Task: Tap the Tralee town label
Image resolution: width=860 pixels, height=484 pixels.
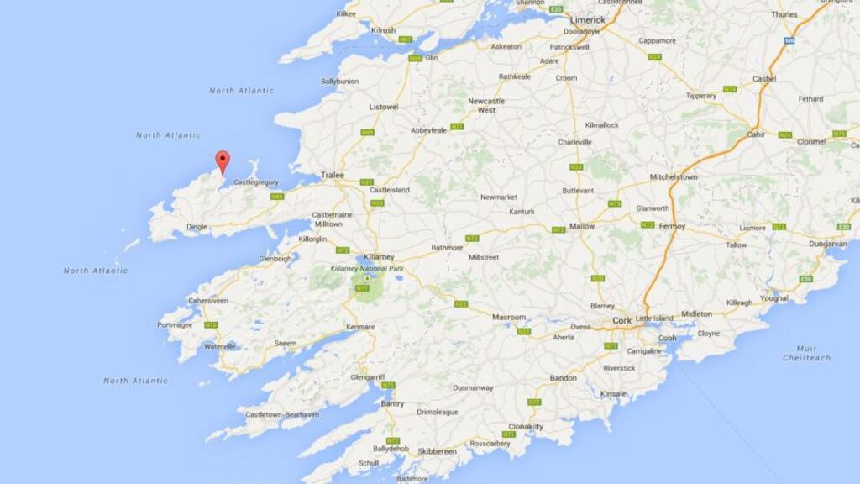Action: coord(333,175)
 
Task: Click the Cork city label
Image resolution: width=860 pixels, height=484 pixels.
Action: coord(622,320)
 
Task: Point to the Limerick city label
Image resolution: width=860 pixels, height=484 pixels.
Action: coord(587,19)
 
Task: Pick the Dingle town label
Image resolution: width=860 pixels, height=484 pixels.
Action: coord(197,226)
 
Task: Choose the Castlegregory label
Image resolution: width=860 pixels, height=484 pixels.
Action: coord(256,181)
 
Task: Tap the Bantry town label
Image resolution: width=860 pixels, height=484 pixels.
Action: coord(392,403)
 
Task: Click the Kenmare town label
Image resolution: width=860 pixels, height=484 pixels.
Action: coord(360,326)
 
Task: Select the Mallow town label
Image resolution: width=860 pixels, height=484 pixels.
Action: coord(582,226)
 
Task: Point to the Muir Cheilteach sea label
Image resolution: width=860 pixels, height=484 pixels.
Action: coord(806,353)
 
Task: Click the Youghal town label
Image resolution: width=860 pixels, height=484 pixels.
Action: coord(774,297)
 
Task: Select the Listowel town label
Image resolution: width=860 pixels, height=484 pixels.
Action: coord(384,107)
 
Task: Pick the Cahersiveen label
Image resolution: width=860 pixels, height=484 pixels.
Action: coord(208,300)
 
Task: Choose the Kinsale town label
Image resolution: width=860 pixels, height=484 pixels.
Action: coord(614,393)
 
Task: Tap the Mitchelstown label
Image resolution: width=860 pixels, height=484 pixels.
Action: coord(674,177)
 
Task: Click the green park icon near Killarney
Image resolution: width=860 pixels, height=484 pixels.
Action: coord(367,278)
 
